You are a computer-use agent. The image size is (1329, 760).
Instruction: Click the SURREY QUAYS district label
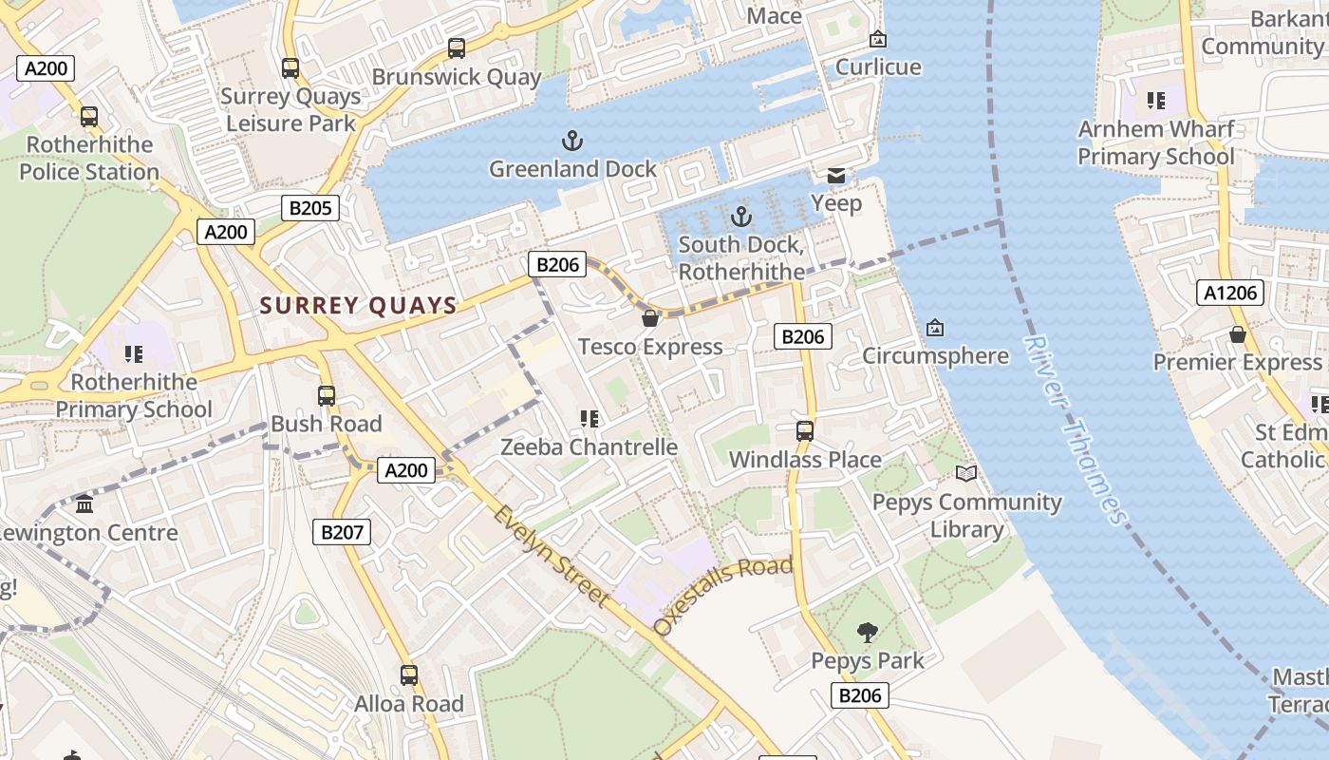[358, 305]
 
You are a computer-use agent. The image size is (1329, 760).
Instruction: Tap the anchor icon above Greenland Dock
[571, 142]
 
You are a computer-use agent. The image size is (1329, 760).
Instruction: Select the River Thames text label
[1076, 429]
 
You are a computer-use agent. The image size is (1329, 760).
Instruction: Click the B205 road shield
[310, 208]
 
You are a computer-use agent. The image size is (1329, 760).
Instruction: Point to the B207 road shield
[342, 532]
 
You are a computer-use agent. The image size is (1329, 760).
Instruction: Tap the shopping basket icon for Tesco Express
[650, 318]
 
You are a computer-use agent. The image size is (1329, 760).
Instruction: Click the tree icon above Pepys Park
[867, 632]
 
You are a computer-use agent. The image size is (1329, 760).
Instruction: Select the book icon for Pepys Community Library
[966, 473]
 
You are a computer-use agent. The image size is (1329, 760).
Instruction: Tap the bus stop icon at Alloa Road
[409, 675]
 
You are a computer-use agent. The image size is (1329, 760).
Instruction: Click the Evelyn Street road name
[551, 555]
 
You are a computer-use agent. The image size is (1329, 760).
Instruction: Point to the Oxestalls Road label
[723, 595]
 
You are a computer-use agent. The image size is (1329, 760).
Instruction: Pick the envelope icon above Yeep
[836, 175]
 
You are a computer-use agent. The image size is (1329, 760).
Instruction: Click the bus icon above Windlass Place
[805, 430]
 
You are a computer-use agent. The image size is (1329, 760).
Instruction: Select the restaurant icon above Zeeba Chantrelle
[589, 418]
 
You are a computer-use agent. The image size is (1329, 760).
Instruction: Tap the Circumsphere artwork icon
[935, 328]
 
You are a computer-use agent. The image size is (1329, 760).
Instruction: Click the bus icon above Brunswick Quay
[457, 48]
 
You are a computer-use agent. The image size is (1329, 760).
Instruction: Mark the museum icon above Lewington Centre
[85, 503]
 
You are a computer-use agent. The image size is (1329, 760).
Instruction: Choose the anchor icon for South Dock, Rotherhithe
[740, 217]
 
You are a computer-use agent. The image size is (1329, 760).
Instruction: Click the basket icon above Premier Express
[1238, 334]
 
